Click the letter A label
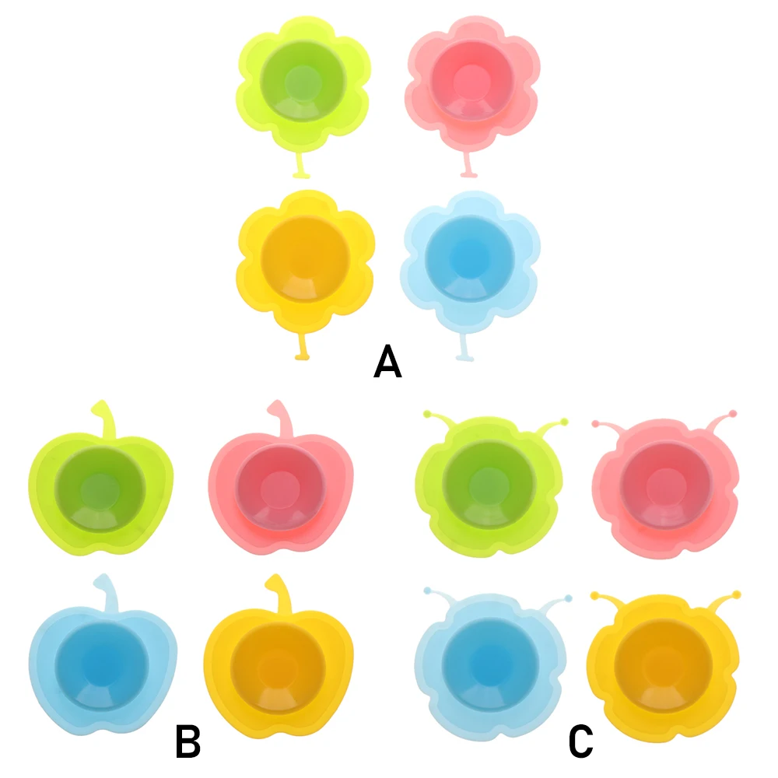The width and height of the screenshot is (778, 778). click(x=387, y=363)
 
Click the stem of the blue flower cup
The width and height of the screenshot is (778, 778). click(x=464, y=349)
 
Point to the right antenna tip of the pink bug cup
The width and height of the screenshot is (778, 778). click(x=734, y=413)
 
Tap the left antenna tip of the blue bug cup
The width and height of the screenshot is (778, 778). click(x=427, y=592)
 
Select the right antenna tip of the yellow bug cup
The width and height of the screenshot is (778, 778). click(x=736, y=594)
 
